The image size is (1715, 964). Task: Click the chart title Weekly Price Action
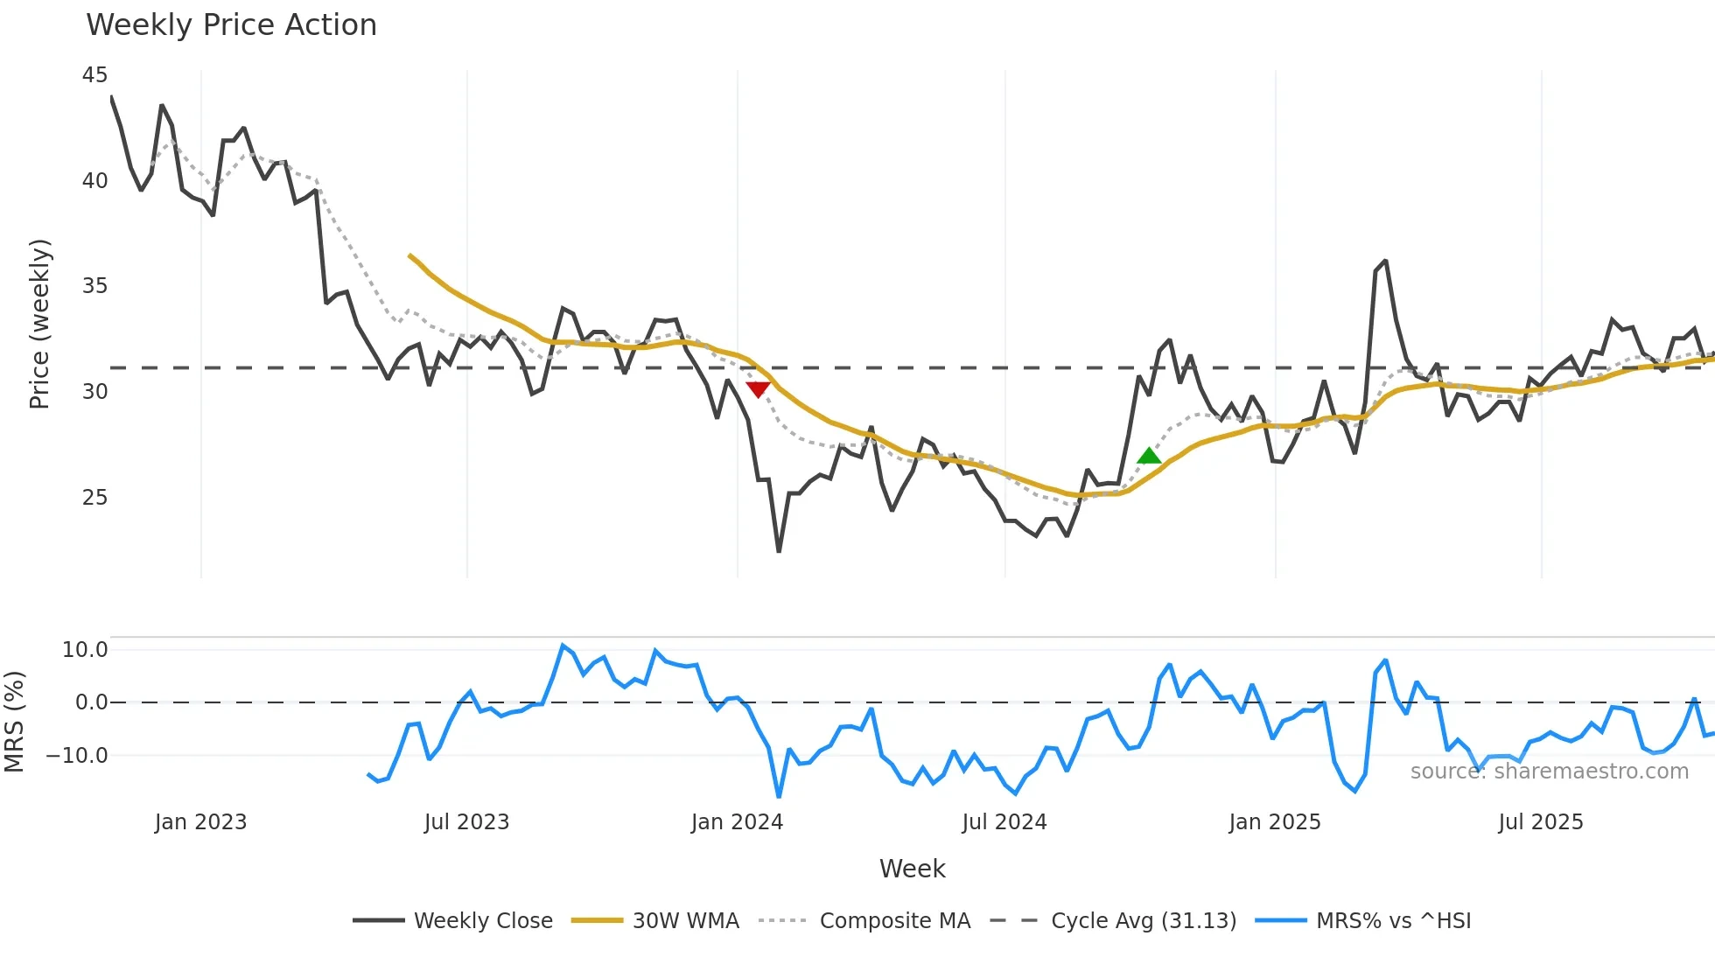231,25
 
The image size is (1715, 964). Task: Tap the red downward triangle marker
758,389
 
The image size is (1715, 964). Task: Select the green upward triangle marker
1149,456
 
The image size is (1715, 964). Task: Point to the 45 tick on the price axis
94,75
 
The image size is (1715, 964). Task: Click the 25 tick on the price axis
94,498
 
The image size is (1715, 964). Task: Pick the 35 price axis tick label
94,286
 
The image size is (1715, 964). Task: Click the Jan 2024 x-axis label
737,822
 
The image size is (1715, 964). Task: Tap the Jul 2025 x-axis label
1541,822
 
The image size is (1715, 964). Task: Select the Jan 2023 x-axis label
200,822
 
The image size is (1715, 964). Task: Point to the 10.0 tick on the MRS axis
85,650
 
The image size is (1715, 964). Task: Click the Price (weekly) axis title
39,324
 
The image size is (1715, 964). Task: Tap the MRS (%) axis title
14,722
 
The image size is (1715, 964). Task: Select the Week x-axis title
912,869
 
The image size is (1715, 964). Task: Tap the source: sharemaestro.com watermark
1549,772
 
